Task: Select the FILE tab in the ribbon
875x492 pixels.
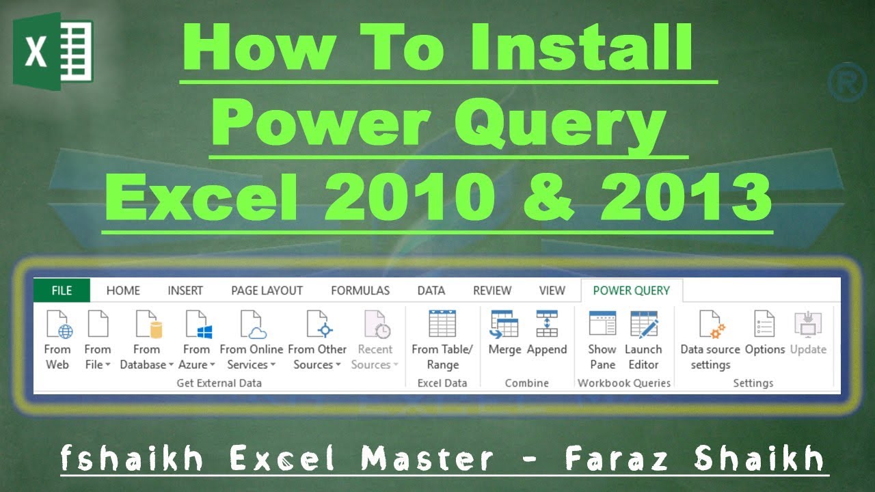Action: coord(62,290)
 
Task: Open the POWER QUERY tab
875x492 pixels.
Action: coord(631,290)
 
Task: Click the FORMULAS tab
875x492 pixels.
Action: coord(360,290)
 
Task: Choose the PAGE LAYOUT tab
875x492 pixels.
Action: coord(267,290)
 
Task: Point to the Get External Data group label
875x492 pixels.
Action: coord(219,383)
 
